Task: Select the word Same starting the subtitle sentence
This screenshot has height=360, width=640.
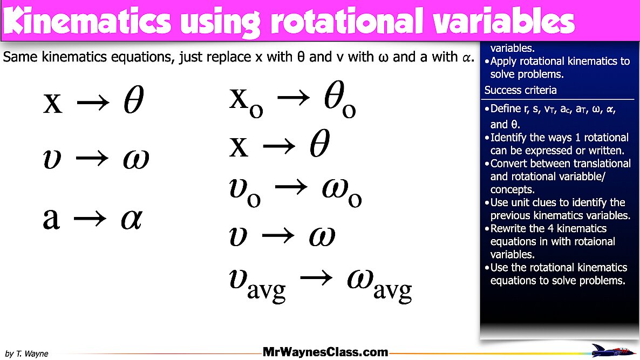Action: point(19,57)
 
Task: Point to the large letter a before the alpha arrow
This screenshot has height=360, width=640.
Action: point(51,219)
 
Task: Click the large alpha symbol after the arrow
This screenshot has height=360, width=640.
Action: point(131,219)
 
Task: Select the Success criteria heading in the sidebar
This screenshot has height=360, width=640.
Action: point(520,90)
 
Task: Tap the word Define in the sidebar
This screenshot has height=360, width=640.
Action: point(508,109)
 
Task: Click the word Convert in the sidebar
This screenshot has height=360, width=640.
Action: point(510,163)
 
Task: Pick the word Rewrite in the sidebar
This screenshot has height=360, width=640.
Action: point(510,228)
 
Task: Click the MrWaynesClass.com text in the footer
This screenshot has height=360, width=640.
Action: point(325,352)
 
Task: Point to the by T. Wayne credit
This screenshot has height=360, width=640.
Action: point(27,354)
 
